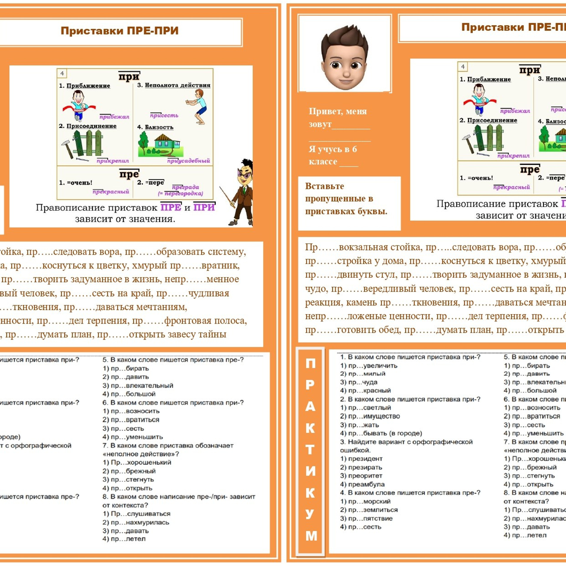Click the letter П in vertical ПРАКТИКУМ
(310, 363)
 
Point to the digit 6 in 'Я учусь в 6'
(354, 149)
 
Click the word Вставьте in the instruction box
(324, 186)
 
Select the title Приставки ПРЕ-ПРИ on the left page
(119, 31)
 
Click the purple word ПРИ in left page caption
(204, 207)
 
